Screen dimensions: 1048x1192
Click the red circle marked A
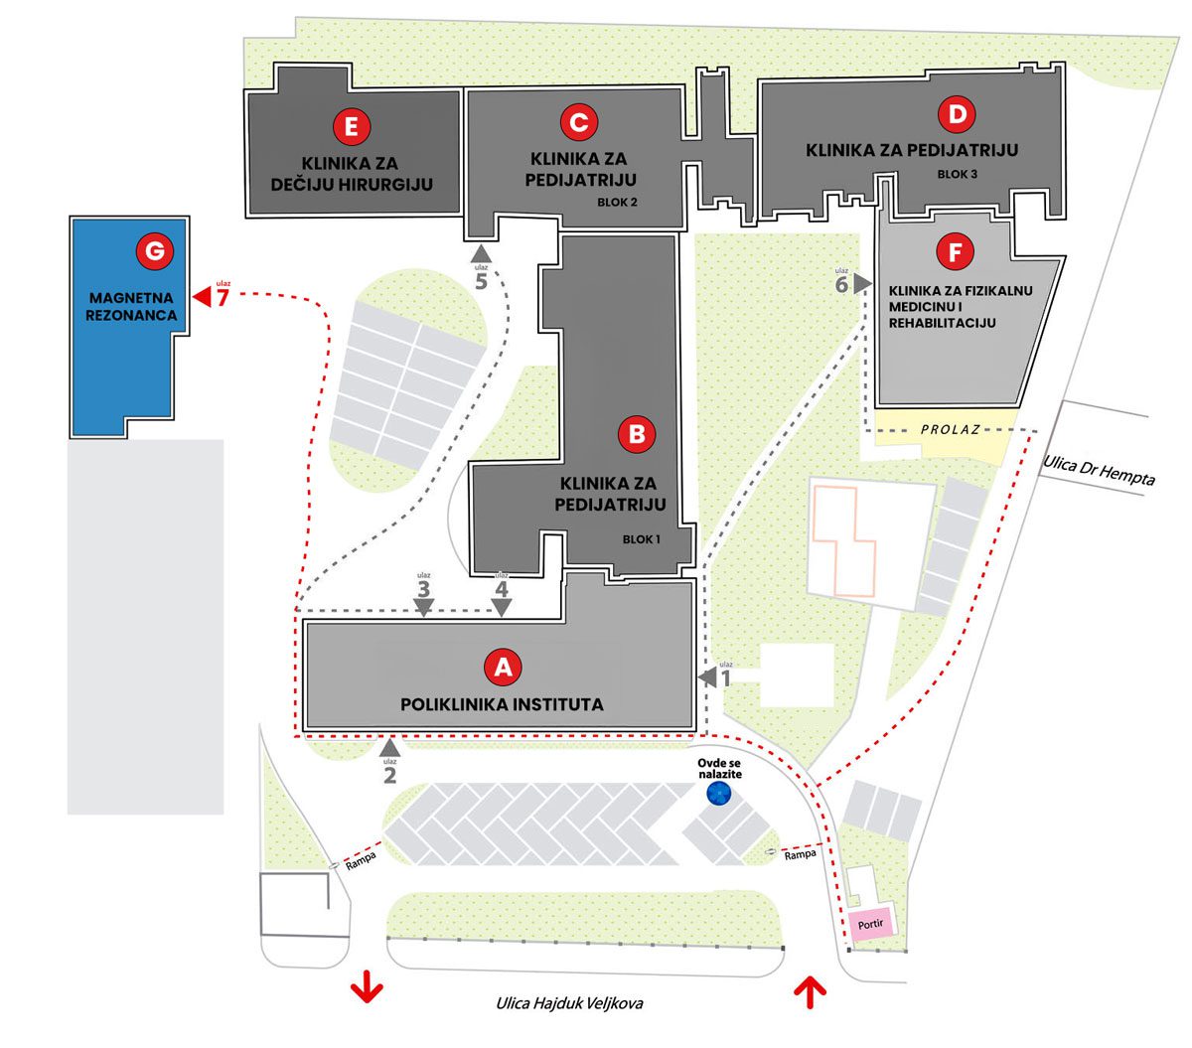(x=504, y=668)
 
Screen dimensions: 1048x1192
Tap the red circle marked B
(x=637, y=434)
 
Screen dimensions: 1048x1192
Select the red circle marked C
(x=578, y=122)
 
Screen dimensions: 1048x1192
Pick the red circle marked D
(x=957, y=115)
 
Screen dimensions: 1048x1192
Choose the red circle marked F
(x=955, y=252)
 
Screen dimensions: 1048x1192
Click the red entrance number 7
(x=223, y=298)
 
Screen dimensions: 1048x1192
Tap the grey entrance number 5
(x=482, y=281)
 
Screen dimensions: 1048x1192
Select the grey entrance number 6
(x=841, y=285)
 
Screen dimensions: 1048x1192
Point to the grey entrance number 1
(x=725, y=678)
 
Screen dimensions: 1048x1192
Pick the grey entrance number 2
(x=389, y=775)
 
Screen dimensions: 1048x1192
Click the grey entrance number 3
(x=424, y=589)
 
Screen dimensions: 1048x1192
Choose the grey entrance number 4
(x=502, y=589)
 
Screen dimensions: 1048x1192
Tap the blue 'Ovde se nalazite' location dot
(x=718, y=793)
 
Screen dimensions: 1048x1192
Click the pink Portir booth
(x=870, y=924)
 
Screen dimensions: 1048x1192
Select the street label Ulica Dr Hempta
(x=1100, y=470)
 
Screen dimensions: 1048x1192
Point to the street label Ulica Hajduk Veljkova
(x=569, y=1002)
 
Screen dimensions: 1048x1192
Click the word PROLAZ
(x=950, y=429)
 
